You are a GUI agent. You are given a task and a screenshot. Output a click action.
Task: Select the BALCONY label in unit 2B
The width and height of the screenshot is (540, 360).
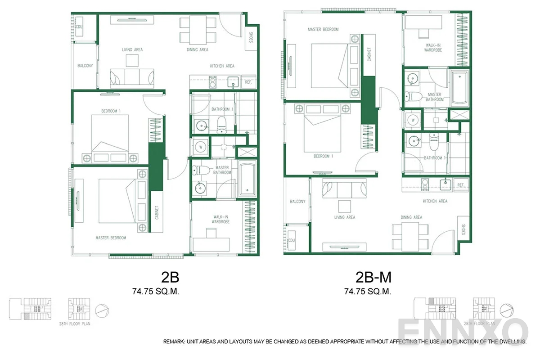click(85, 66)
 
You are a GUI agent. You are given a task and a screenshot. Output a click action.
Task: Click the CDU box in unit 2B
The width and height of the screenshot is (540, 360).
click(79, 27)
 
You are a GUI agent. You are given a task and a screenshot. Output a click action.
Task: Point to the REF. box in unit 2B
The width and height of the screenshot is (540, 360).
click(248, 82)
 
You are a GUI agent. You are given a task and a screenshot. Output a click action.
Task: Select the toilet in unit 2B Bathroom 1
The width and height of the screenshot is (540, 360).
click(221, 124)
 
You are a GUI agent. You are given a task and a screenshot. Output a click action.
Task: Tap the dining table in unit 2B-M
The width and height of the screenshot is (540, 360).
click(410, 237)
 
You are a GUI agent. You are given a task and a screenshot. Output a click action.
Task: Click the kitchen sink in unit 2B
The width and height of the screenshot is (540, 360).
click(233, 82)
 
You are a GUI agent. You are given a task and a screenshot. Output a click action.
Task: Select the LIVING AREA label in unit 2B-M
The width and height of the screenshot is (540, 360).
click(345, 217)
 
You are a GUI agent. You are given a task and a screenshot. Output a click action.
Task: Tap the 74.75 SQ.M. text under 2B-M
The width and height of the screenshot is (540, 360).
click(368, 291)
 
